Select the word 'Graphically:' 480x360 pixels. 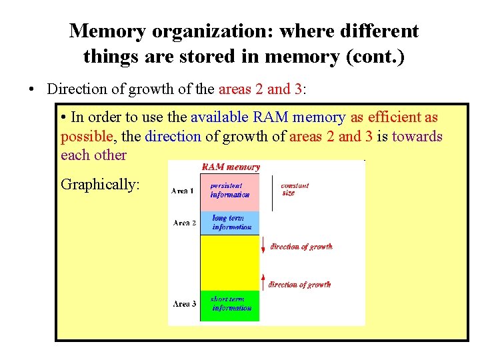click(x=100, y=184)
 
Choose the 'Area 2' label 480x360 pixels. click(x=184, y=223)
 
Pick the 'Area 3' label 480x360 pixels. click(x=184, y=304)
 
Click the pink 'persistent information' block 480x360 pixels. click(x=229, y=191)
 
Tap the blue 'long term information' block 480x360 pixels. click(x=229, y=223)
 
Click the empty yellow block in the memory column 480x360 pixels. click(x=229, y=262)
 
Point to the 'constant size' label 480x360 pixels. click(x=295, y=189)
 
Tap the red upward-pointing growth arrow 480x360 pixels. click(x=263, y=281)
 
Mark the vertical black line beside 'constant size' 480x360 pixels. click(x=272, y=192)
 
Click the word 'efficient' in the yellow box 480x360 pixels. click(x=393, y=117)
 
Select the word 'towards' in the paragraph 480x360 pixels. click(x=417, y=136)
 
